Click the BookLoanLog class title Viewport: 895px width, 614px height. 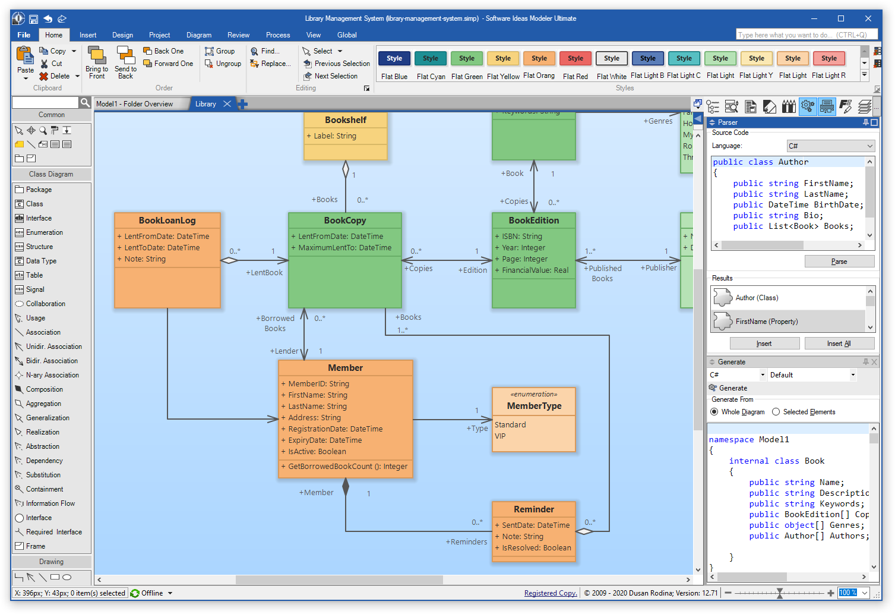pyautogui.click(x=167, y=221)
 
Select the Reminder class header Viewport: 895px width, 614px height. pyautogui.click(x=533, y=509)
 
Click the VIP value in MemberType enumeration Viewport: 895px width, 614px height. pyautogui.click(x=500, y=436)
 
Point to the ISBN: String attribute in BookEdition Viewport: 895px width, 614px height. pyautogui.click(x=521, y=236)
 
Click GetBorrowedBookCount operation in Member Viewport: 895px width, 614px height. pyautogui.click(x=347, y=467)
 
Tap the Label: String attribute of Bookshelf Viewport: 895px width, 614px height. pyautogui.click(x=335, y=136)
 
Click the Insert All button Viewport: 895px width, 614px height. pyautogui.click(x=839, y=344)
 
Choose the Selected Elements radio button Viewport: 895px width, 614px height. pyautogui.click(x=776, y=412)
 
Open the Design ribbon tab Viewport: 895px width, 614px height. pyautogui.click(x=122, y=35)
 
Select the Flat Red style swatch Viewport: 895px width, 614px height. pyautogui.click(x=575, y=59)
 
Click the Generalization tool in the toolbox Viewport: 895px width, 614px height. pyautogui.click(x=48, y=418)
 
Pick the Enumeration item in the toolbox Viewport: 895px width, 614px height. pyautogui.click(x=44, y=232)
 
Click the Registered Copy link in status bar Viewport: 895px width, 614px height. pyautogui.click(x=550, y=593)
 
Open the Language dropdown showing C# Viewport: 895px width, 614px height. pyautogui.click(x=830, y=146)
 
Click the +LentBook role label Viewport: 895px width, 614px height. pyautogui.click(x=264, y=272)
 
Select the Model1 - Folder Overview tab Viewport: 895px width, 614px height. pyautogui.click(x=135, y=104)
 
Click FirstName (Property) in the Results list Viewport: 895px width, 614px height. pyautogui.click(x=766, y=322)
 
